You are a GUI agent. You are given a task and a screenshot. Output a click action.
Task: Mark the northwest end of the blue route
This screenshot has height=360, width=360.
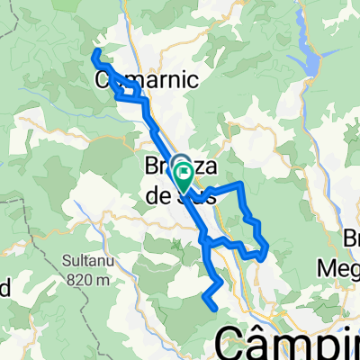click(x=94, y=56)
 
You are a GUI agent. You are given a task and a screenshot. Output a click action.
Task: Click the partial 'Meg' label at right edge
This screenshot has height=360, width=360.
click(x=341, y=269)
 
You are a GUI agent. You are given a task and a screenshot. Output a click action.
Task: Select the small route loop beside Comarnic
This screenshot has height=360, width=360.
click(x=131, y=89)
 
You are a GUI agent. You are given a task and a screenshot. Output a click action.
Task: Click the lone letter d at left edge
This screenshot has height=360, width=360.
click(x=4, y=288)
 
